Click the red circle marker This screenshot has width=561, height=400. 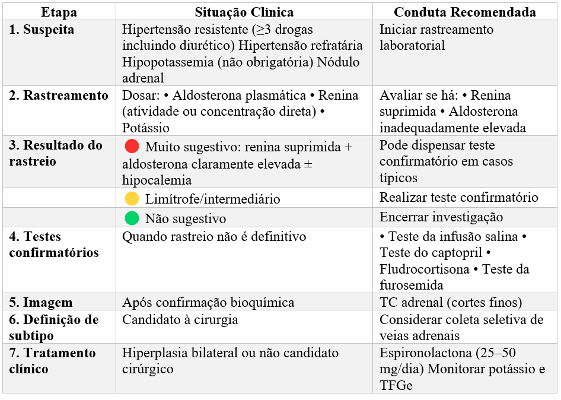click(x=132, y=146)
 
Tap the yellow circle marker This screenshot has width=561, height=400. click(x=132, y=199)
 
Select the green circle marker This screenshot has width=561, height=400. click(x=132, y=218)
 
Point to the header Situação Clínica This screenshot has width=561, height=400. click(x=244, y=12)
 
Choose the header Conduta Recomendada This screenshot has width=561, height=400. click(x=465, y=12)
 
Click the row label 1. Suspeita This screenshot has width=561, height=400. click(x=42, y=30)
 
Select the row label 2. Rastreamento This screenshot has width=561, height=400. click(x=59, y=96)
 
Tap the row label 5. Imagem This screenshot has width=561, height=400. click(x=41, y=303)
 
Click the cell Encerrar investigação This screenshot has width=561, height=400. click(x=441, y=217)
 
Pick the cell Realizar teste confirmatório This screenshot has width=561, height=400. click(x=459, y=198)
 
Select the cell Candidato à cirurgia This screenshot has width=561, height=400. click(x=180, y=320)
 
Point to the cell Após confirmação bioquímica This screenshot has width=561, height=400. click(x=208, y=303)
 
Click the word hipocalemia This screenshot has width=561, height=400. click(x=157, y=180)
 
